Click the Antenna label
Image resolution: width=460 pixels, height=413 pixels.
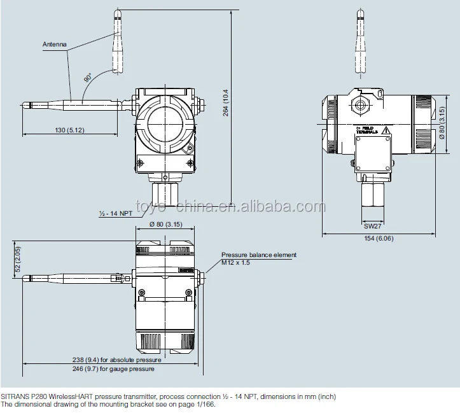[55, 45]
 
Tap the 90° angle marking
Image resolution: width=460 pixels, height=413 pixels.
[87, 78]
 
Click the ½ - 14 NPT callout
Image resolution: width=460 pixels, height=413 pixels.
[116, 213]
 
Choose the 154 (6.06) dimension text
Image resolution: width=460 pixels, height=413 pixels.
[379, 239]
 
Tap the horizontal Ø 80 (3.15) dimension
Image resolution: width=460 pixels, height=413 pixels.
[165, 225]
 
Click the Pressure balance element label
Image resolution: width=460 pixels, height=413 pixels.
[259, 255]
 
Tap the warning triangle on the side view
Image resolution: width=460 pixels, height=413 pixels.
[386, 130]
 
